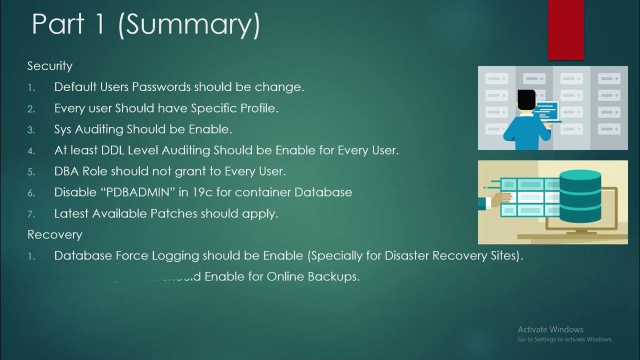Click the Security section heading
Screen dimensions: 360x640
coord(49,66)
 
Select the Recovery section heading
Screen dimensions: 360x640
coord(54,234)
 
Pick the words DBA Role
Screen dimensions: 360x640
coord(81,171)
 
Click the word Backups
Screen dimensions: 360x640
coord(335,276)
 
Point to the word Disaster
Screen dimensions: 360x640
coord(406,255)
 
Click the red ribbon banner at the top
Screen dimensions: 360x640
coord(565,29)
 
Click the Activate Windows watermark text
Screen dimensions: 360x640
coord(550,329)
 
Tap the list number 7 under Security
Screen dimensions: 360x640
coord(31,214)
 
